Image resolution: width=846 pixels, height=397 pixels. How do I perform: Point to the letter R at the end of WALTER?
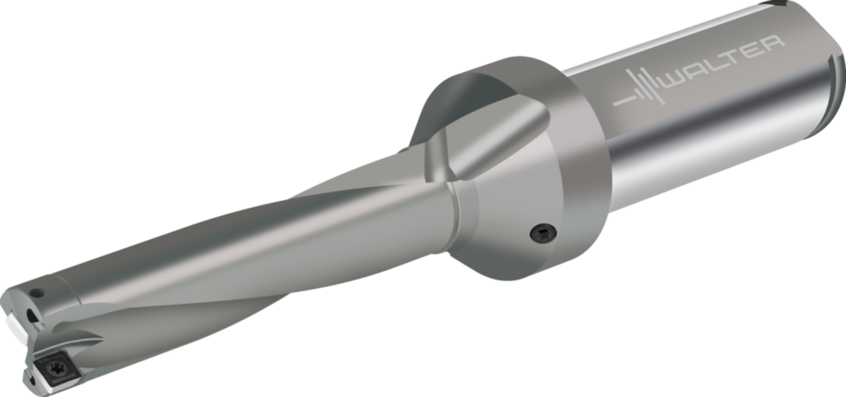772,45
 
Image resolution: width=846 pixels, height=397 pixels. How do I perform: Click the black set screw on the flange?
543,233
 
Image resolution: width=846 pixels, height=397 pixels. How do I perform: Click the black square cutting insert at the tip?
55,370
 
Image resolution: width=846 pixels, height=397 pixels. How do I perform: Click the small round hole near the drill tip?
36,294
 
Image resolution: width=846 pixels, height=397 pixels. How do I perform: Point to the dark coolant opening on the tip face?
31,316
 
